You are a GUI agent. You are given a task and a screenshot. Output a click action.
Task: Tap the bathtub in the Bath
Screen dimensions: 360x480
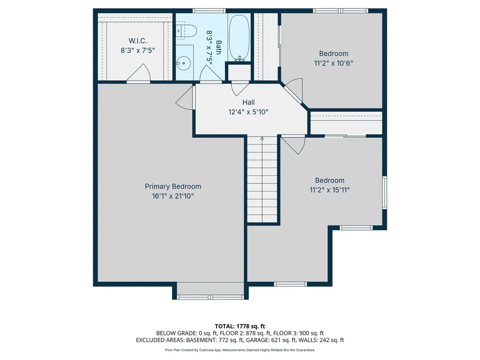pos(239,38)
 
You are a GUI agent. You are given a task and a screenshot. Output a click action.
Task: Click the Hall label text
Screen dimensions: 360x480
pos(248,102)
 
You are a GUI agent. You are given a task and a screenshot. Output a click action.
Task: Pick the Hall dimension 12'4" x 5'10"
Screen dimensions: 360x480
pos(248,112)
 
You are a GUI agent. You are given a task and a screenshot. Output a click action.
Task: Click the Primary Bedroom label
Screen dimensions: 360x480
pos(172,186)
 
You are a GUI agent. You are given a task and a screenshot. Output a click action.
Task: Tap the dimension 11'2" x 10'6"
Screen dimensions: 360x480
pos(334,63)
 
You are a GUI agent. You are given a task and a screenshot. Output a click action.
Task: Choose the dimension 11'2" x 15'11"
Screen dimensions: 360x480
pos(330,190)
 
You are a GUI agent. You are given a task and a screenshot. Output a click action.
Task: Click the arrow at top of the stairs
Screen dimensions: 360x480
pos(262,138)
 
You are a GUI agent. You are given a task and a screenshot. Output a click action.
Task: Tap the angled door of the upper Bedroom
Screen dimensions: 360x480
pos(294,90)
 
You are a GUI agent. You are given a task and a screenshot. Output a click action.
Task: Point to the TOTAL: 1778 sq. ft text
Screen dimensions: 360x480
pos(240,326)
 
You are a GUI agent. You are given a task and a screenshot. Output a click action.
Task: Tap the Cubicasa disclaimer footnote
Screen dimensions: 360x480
pos(240,350)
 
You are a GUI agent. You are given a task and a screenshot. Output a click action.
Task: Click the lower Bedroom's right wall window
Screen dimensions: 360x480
pos(384,192)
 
